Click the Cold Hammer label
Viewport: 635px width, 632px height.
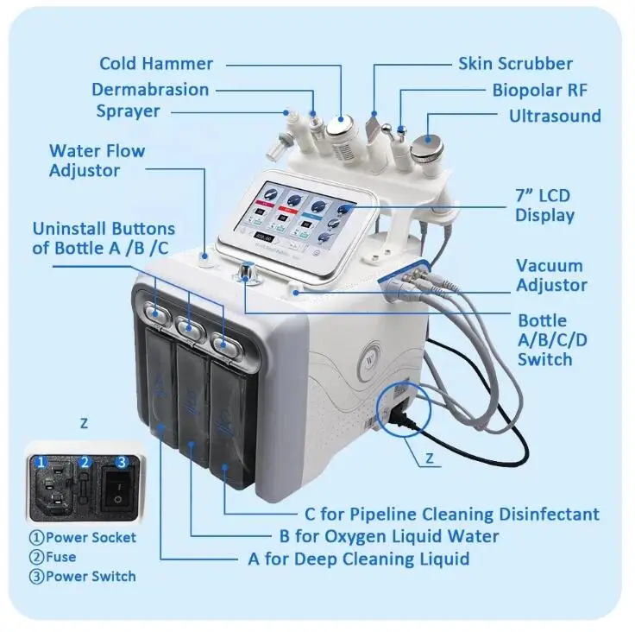155,63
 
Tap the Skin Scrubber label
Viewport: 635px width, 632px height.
515,63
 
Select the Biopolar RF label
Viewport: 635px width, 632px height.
540,90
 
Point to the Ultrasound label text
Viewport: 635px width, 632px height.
555,116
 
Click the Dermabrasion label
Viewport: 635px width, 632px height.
150,89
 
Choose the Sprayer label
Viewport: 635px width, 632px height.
128,111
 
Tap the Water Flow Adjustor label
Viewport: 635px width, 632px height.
97,161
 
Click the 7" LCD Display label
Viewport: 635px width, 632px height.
546,205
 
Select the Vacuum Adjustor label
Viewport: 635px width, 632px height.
551,275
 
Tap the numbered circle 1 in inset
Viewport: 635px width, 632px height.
39,463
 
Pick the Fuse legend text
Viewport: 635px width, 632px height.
60,557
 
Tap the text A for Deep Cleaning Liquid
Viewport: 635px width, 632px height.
359,559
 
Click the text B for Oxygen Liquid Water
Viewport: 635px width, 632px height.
388,536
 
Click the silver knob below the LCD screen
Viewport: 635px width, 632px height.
248,273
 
